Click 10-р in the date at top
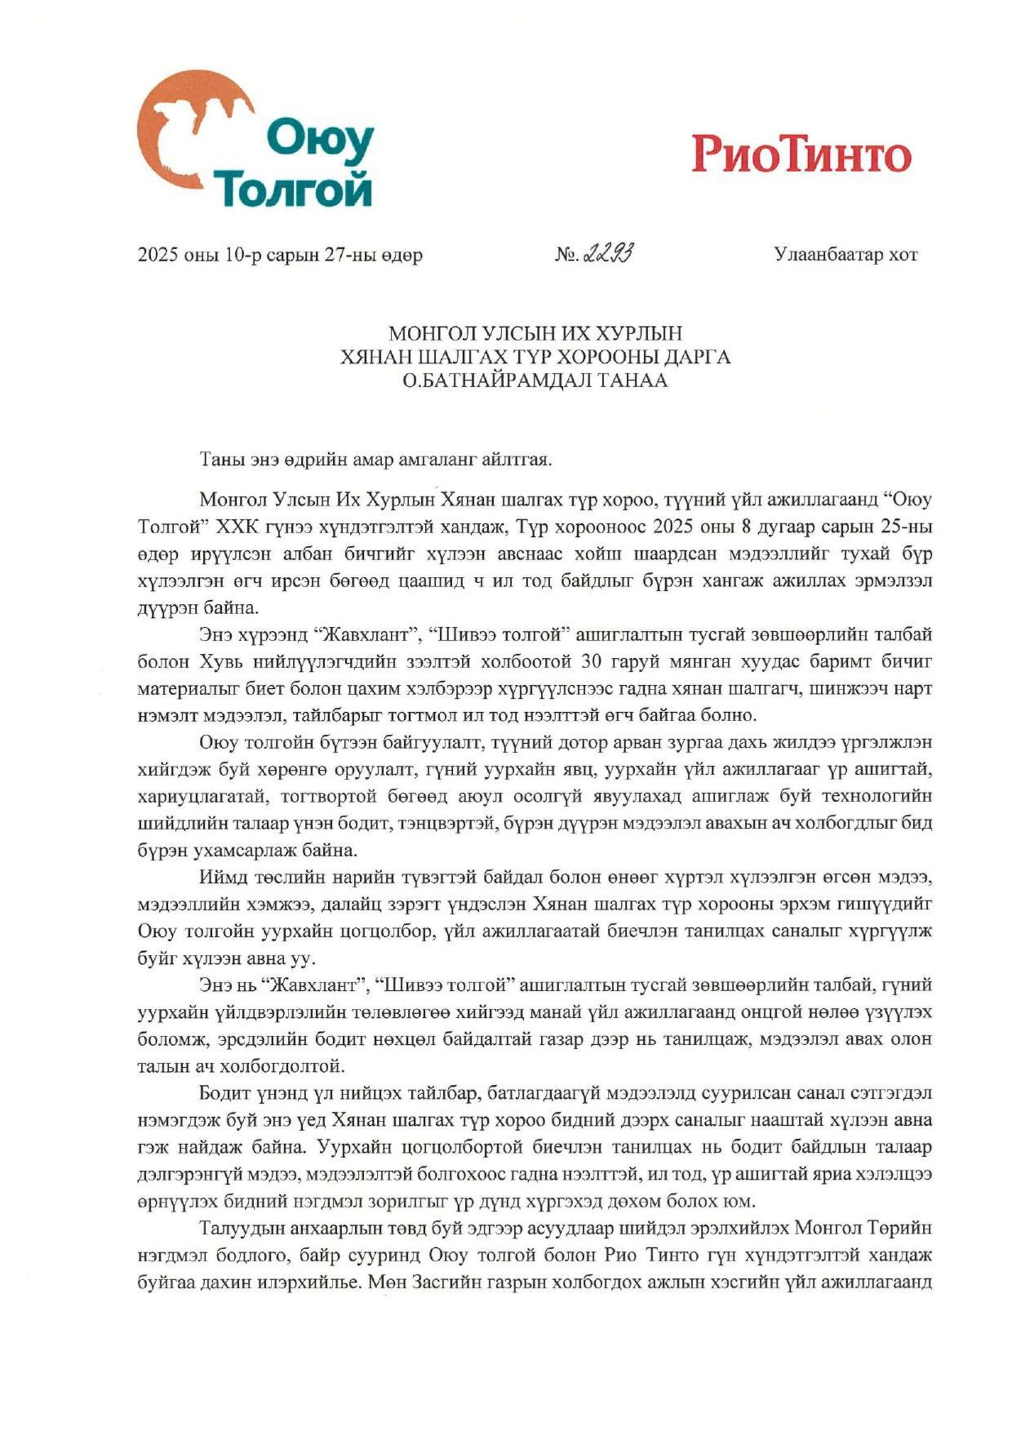click(241, 256)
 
